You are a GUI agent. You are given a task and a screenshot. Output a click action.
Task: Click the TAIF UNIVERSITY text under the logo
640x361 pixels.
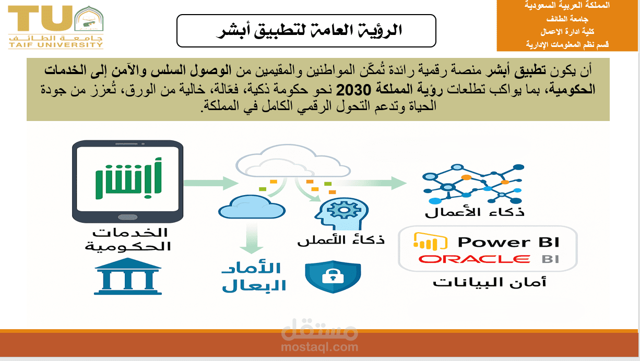[56, 45]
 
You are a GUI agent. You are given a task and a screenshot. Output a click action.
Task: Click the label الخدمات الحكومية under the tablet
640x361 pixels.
[128, 239]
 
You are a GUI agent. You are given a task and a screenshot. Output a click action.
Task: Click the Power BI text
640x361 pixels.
[508, 242]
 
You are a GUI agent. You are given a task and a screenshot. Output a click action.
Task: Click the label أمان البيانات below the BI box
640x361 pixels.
[489, 282]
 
